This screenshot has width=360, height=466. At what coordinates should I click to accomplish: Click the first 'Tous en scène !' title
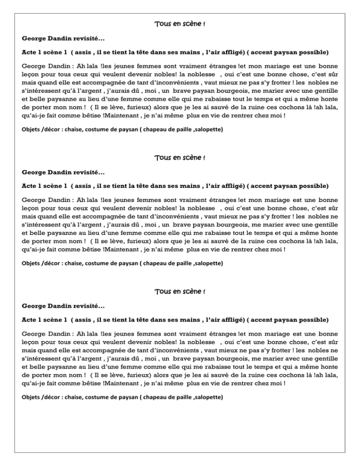[180, 24]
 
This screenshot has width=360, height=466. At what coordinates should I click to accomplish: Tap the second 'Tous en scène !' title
[180, 158]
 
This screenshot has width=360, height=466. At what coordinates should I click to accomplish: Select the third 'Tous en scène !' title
[180, 292]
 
